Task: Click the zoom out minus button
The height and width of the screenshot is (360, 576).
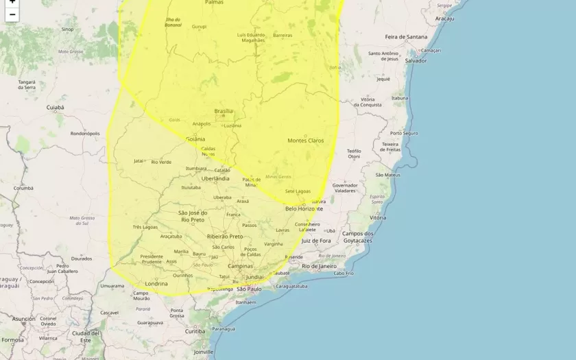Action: (12, 14)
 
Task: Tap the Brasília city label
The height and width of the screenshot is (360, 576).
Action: (224, 111)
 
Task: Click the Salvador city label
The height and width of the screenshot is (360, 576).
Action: (416, 61)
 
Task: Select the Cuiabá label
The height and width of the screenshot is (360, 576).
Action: (55, 108)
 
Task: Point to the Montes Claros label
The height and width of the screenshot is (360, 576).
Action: (305, 141)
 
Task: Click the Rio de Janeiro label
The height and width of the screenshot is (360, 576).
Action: (319, 265)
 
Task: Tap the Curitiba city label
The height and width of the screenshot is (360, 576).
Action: (195, 331)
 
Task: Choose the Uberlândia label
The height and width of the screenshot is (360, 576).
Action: (215, 178)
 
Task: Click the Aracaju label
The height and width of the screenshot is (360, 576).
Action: (444, 19)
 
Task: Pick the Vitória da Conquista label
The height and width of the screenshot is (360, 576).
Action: (376, 102)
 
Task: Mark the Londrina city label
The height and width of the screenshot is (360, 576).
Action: (156, 283)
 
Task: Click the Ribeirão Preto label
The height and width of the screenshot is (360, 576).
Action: (225, 236)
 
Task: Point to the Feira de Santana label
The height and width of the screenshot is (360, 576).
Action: (405, 36)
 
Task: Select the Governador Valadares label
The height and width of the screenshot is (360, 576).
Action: (345, 188)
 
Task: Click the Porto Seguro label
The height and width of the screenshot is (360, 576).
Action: (404, 133)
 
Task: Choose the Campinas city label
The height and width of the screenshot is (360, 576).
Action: (241, 266)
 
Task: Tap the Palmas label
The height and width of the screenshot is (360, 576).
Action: (214, 3)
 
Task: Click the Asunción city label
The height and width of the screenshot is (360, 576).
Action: (23, 319)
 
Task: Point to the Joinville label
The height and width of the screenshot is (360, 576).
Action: (203, 352)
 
